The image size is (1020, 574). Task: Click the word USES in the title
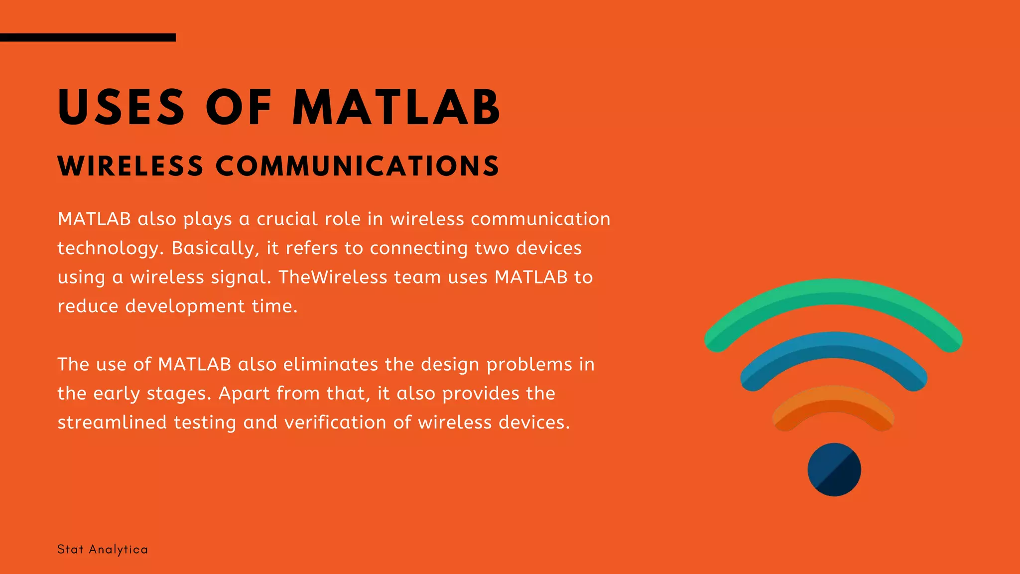click(122, 107)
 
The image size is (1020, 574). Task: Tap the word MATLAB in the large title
click(396, 107)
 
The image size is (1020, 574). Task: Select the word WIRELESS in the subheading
click(130, 166)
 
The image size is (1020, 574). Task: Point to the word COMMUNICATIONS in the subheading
click(357, 166)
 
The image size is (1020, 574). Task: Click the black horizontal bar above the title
click(88, 37)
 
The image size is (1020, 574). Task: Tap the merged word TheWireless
click(333, 277)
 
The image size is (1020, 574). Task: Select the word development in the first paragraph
click(185, 306)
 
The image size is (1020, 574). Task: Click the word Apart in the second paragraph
click(244, 393)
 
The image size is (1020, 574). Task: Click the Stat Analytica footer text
click(103, 550)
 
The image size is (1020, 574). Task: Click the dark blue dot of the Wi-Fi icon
click(834, 469)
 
